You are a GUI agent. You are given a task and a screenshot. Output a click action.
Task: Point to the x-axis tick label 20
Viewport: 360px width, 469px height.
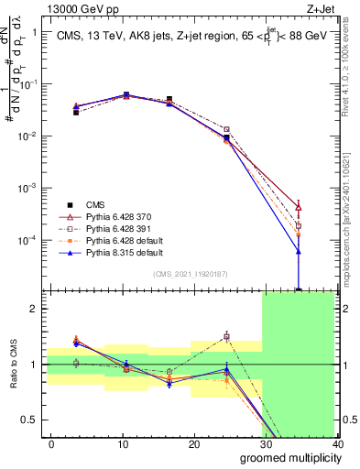(193, 443)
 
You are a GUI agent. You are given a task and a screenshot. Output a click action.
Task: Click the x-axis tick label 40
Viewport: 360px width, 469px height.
(335, 443)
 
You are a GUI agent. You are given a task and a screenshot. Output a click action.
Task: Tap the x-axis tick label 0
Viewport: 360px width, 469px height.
(51, 443)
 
